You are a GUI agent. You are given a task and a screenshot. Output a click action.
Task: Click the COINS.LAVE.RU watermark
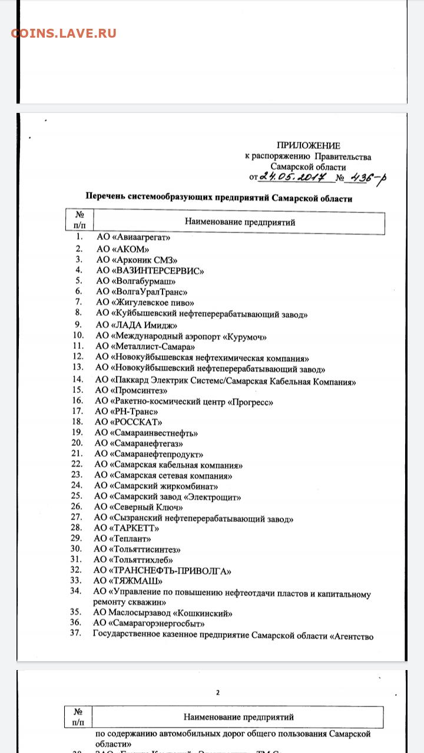(64, 34)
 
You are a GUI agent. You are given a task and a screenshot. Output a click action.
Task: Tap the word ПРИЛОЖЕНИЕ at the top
(309, 145)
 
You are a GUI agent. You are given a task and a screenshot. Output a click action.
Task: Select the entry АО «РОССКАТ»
(128, 422)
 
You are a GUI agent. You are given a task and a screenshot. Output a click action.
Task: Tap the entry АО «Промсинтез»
(132, 390)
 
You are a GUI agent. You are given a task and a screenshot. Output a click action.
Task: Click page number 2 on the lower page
(217, 692)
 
